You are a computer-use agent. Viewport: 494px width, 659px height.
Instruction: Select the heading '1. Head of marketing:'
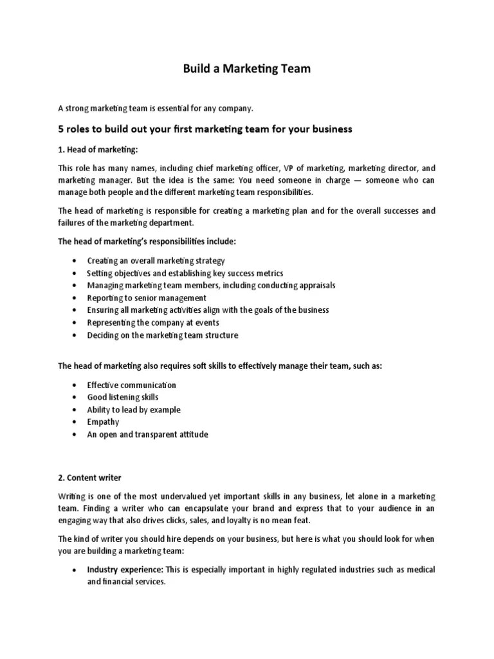click(98, 149)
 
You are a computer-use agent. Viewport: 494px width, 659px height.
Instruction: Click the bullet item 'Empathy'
click(103, 422)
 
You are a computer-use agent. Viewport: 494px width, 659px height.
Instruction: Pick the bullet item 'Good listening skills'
click(122, 397)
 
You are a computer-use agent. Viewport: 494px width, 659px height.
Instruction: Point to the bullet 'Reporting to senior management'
click(147, 298)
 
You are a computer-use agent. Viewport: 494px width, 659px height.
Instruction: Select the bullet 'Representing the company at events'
click(153, 322)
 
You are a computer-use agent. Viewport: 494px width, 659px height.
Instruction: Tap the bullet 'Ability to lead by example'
click(134, 409)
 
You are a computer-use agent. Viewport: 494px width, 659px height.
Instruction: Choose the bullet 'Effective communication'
click(131, 385)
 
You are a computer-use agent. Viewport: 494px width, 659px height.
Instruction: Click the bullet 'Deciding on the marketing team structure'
click(162, 335)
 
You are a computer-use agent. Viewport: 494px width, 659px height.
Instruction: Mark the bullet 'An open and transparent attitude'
click(147, 434)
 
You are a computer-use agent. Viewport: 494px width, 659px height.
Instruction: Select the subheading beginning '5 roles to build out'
click(205, 129)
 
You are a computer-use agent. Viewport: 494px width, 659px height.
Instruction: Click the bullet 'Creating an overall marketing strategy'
click(156, 261)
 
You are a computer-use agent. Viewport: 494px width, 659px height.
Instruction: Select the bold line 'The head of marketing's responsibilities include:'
click(147, 241)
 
